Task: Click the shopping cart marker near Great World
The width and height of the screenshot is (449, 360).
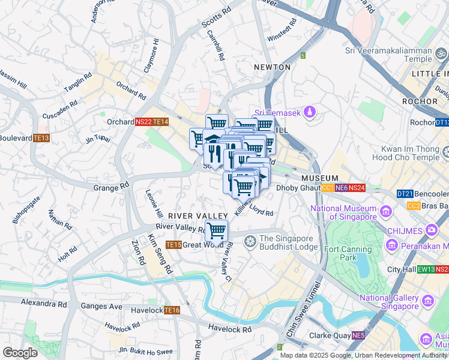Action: tap(216, 230)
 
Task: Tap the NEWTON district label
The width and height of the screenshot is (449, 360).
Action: tap(272, 67)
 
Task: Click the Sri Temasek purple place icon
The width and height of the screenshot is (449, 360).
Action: tap(309, 112)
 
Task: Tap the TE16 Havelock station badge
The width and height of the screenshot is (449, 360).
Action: tap(172, 310)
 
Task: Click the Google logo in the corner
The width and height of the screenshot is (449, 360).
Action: tap(20, 353)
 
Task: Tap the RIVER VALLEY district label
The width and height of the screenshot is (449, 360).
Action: tap(197, 215)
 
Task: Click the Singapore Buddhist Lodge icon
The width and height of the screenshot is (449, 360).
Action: tap(250, 241)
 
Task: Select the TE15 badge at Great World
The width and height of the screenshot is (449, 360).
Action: tap(173, 245)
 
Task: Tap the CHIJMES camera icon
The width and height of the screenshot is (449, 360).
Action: tap(430, 230)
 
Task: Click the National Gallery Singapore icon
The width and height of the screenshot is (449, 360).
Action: tap(427, 300)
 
